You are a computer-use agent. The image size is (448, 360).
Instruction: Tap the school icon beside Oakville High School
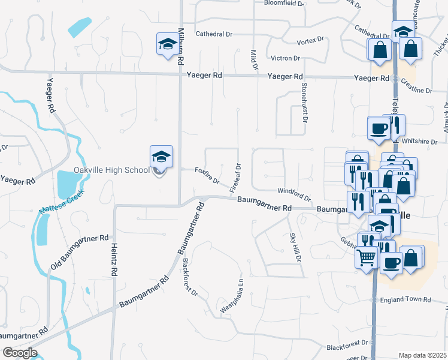(x=161, y=157)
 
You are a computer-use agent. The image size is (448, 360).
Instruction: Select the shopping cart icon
(x=366, y=258)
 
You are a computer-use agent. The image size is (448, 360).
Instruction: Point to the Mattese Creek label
(x=59, y=201)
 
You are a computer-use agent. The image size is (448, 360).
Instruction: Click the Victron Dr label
(x=284, y=58)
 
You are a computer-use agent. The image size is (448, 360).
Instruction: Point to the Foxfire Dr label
(x=207, y=176)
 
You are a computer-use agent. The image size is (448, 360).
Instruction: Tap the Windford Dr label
(x=293, y=194)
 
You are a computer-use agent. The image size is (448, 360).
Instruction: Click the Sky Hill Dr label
(x=294, y=247)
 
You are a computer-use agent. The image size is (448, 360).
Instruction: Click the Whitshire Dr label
(x=420, y=141)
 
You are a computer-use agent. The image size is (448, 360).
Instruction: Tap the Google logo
(x=20, y=353)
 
